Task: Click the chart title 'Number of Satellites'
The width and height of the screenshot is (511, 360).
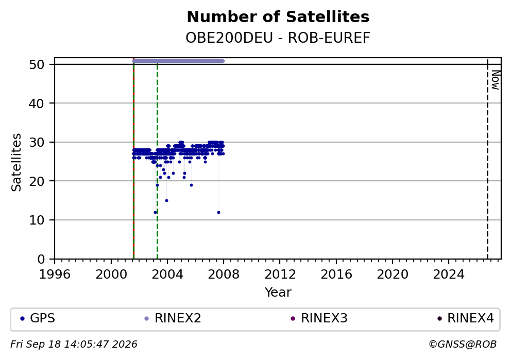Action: point(278,17)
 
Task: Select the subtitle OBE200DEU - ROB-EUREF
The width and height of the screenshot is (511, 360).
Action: point(278,38)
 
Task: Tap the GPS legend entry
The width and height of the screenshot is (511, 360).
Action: point(38,318)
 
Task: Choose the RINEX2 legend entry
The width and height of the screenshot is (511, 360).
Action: point(173,318)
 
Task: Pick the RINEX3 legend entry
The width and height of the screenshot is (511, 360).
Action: point(319,318)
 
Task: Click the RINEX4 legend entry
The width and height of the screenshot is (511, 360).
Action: point(465,318)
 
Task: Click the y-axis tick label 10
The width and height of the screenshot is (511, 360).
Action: point(37,220)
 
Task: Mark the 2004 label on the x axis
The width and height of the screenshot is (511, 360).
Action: point(167,275)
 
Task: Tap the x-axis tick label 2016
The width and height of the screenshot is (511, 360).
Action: point(336,275)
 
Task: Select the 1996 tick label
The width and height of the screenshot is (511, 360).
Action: point(55,275)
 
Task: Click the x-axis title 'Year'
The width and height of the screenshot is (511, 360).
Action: point(278,292)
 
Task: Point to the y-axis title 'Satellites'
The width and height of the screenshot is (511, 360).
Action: point(16,162)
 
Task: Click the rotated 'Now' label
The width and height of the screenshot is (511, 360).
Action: point(496,80)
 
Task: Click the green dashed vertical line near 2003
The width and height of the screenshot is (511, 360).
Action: point(158,160)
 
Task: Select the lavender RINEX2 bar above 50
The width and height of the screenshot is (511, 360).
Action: point(178,61)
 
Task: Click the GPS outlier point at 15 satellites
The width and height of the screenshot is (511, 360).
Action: point(166,201)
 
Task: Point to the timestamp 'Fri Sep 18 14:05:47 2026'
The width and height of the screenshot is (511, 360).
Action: point(74,345)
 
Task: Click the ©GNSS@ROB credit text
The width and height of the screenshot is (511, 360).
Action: point(463,345)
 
